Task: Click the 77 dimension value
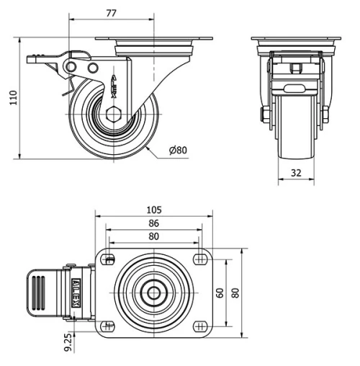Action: pyautogui.click(x=112, y=12)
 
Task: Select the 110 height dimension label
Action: pyautogui.click(x=11, y=97)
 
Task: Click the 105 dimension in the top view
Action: pyautogui.click(x=153, y=210)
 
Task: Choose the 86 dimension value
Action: pyautogui.click(x=153, y=223)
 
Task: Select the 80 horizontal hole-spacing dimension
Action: pyautogui.click(x=153, y=236)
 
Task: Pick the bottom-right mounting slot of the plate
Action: pyautogui.click(x=199, y=323)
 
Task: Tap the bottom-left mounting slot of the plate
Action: pyautogui.click(x=108, y=323)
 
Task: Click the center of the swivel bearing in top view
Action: pyautogui.click(x=153, y=293)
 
